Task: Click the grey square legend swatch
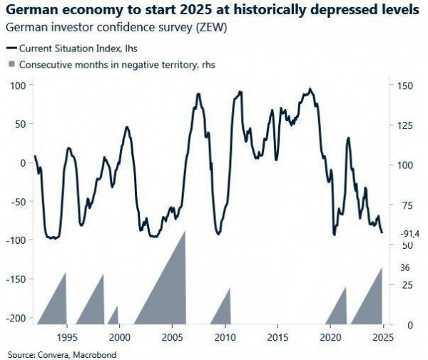point(11,63)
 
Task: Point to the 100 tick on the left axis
point(18,85)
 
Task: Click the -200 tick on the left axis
point(16,318)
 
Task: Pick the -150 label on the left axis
point(16,279)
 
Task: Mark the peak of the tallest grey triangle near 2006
point(185,231)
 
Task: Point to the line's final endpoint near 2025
point(382,232)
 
